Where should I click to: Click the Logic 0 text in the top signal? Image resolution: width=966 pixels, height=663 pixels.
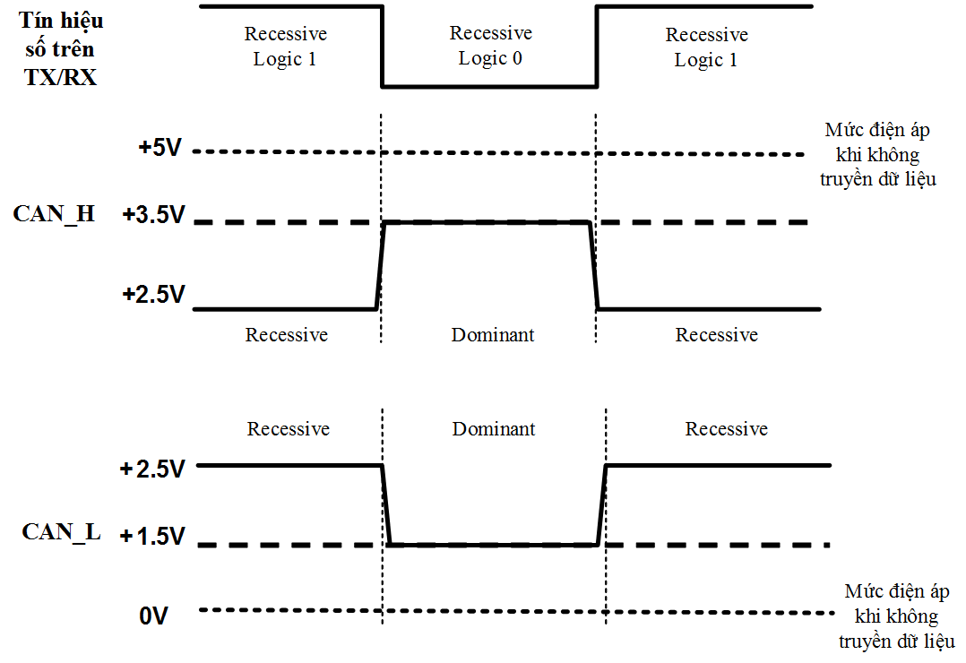(490, 59)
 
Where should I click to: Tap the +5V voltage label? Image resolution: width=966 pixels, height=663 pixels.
(160, 148)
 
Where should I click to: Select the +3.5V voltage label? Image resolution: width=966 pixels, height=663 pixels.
(153, 216)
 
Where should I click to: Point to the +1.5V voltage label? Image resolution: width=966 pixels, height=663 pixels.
(152, 537)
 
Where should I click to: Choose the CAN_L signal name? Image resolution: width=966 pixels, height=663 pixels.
(61, 532)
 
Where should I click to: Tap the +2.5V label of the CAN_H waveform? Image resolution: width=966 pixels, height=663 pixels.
(153, 294)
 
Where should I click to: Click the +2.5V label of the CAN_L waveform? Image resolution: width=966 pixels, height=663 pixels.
(152, 469)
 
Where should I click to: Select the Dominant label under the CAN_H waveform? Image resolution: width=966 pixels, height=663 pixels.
(493, 335)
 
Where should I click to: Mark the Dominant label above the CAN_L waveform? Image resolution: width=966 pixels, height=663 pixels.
(494, 429)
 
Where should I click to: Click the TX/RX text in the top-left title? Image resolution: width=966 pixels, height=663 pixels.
(60, 77)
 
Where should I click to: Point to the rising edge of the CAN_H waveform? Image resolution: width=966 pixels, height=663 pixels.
(379, 266)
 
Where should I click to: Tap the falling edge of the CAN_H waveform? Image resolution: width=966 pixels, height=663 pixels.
(593, 266)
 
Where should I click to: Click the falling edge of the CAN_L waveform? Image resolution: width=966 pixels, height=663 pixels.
(386, 504)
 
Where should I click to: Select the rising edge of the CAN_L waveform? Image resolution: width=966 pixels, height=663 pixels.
(602, 504)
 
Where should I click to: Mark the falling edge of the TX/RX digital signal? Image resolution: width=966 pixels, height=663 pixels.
(383, 47)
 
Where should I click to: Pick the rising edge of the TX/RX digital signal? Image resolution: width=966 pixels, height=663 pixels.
(597, 47)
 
